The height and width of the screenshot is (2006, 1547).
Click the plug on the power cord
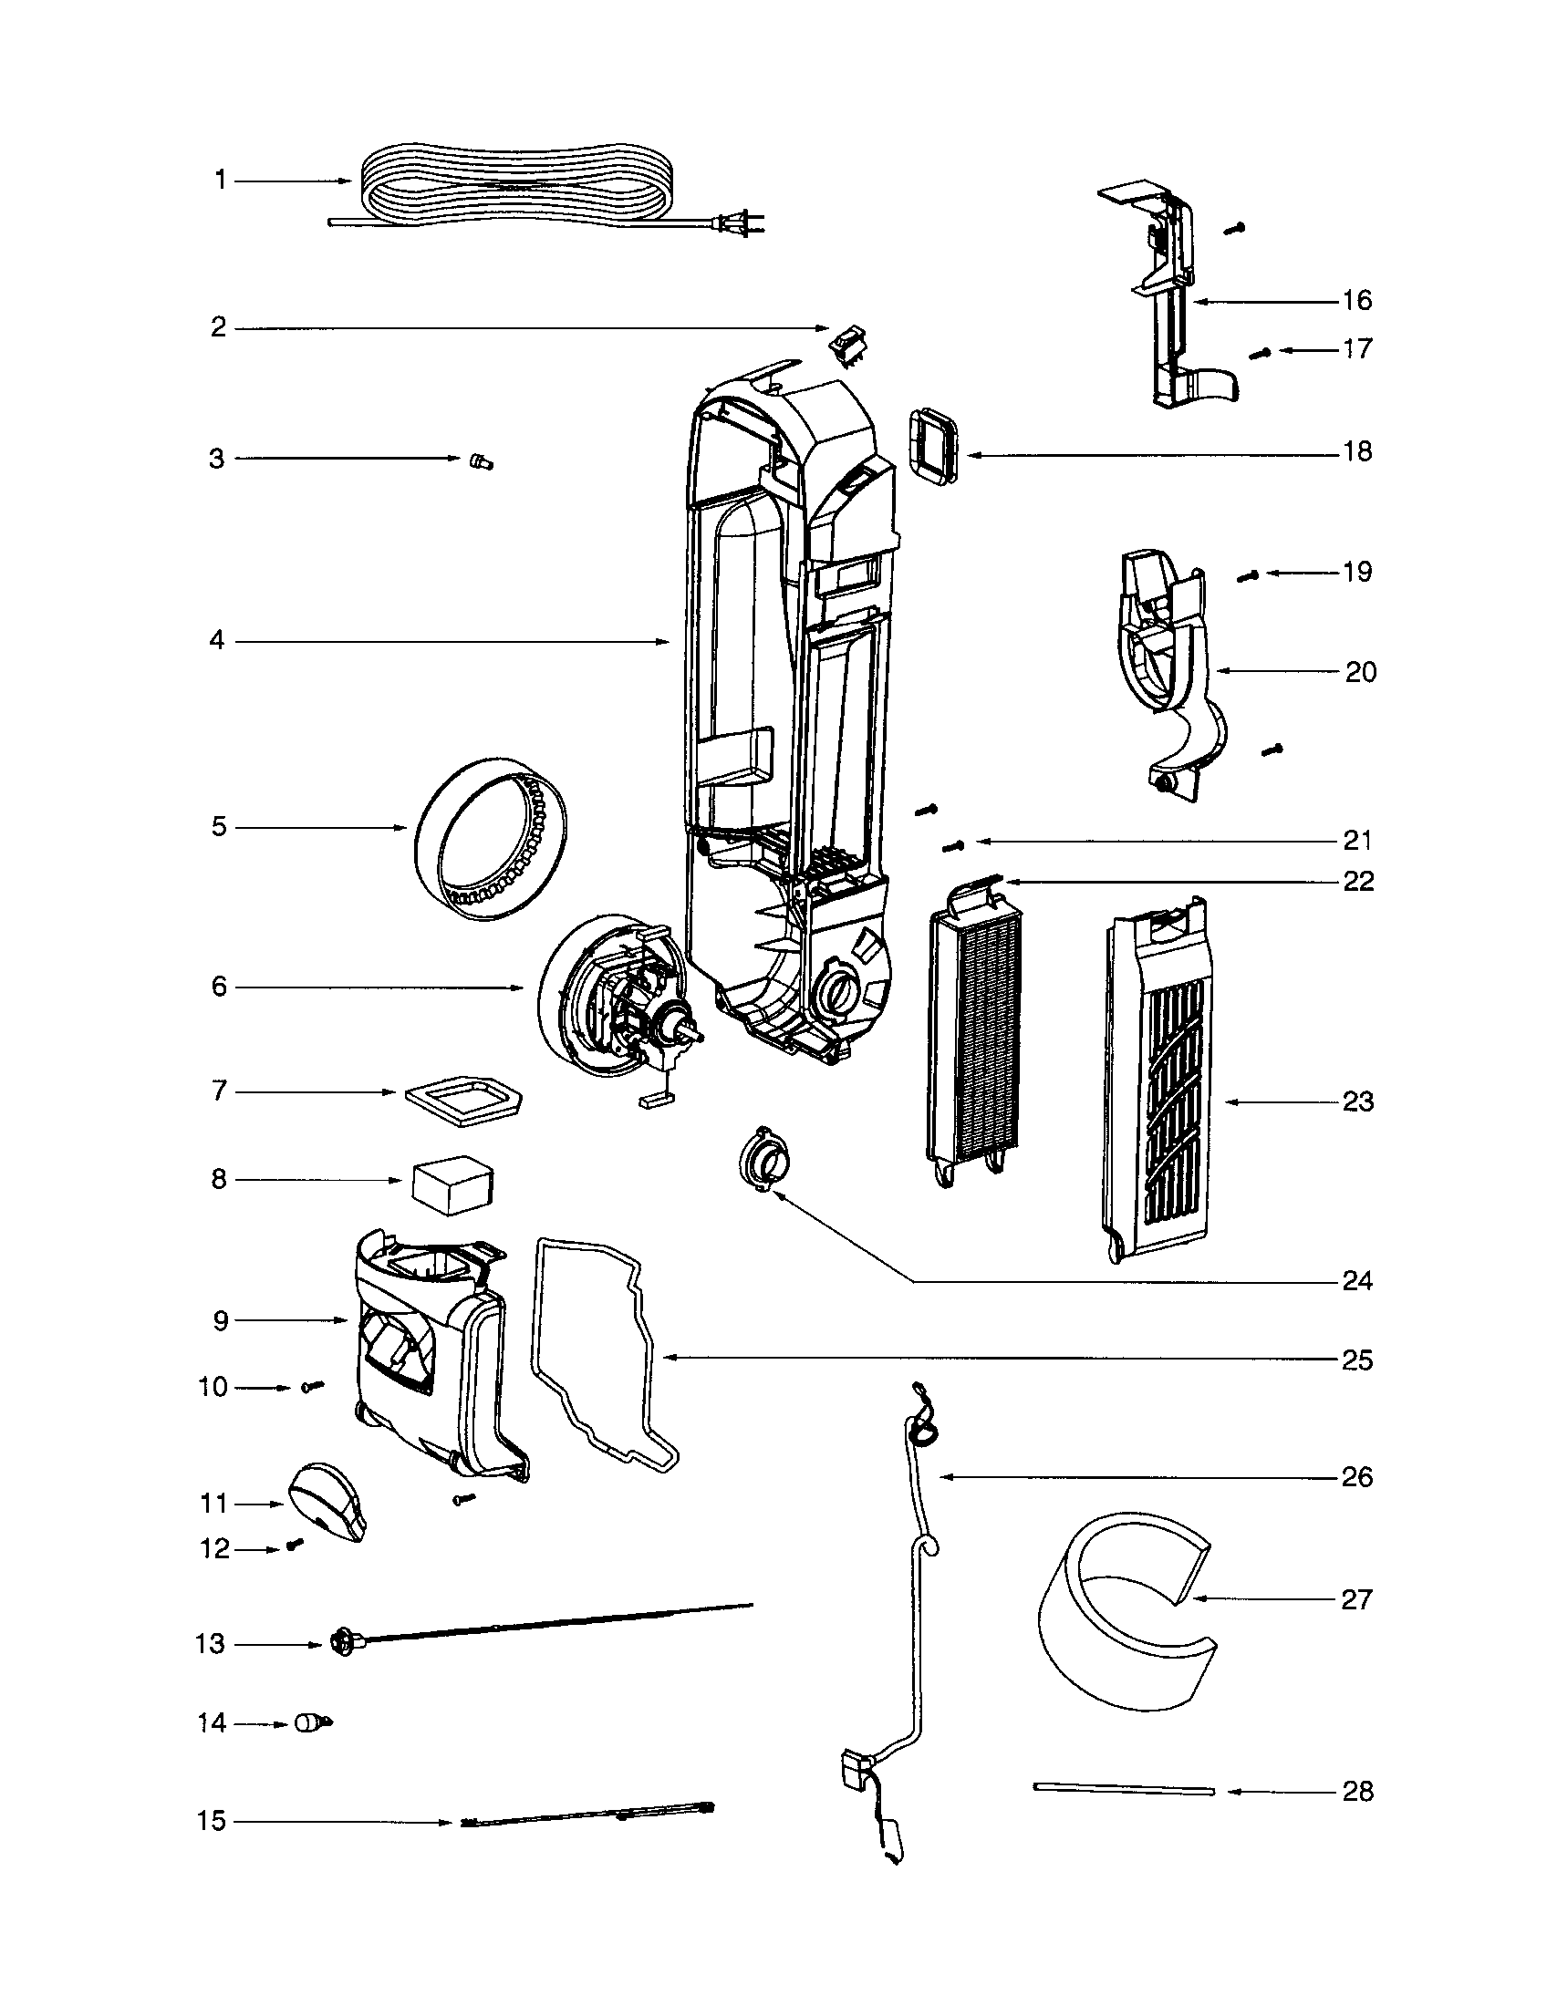tap(740, 223)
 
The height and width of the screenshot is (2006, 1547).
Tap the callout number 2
tap(219, 327)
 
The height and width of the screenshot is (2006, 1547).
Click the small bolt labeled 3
tap(481, 461)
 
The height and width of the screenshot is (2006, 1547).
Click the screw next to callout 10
tap(312, 1386)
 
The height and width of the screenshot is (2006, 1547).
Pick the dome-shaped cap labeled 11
tap(327, 1503)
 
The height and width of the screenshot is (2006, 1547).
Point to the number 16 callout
tap(1357, 300)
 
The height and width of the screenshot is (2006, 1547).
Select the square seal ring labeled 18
tap(932, 448)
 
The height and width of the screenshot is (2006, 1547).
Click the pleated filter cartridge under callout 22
tap(974, 1029)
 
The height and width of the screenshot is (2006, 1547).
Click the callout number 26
tap(1357, 1477)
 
